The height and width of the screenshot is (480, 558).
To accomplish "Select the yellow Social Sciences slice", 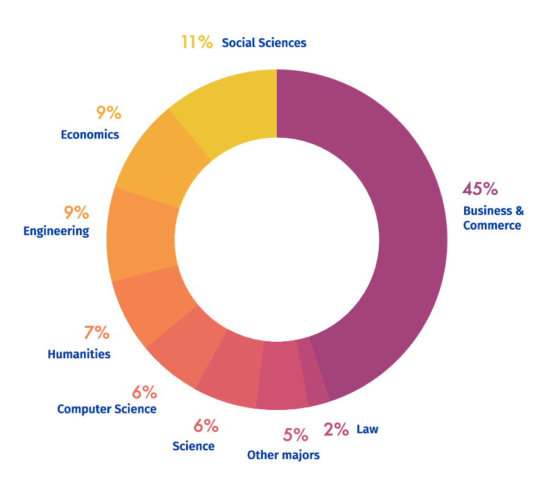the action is [231, 107].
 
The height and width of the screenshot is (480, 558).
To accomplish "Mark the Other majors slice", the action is [281, 375].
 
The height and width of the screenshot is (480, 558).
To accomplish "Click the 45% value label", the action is [480, 189].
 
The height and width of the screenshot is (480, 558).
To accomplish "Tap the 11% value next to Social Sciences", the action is [197, 42].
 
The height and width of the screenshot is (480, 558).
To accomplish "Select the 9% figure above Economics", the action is [109, 113].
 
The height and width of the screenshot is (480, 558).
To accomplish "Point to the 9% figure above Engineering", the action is [76, 213].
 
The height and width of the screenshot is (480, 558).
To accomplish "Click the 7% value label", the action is [97, 333].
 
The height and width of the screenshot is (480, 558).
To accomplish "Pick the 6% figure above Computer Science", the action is [145, 392].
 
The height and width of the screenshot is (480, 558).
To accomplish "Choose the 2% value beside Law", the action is [336, 429].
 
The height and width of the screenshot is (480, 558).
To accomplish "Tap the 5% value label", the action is [296, 435].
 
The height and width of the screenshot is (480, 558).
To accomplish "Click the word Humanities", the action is [79, 354].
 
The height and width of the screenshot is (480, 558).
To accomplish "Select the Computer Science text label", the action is [107, 409].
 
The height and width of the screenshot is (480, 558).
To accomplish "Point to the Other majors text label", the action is [284, 455].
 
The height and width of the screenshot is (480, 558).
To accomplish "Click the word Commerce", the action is [492, 225].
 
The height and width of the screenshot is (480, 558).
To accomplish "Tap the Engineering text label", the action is [56, 231].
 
